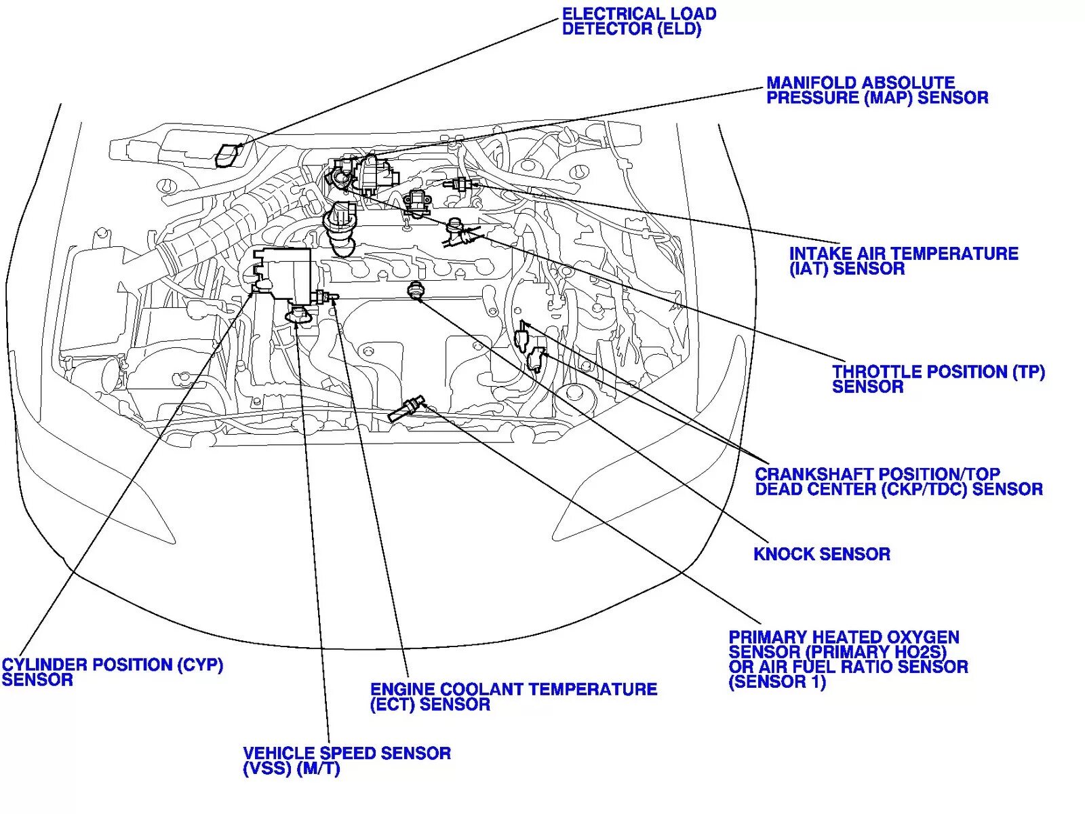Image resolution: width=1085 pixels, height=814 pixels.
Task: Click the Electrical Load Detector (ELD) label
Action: point(639,22)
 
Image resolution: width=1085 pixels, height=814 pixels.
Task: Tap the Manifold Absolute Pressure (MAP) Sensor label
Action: point(876,90)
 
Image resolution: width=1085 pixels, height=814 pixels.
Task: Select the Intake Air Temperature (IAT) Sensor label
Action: point(903,261)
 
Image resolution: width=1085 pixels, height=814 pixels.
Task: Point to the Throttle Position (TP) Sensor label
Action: point(938,379)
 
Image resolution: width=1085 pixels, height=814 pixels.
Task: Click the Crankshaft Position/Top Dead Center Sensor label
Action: point(899,482)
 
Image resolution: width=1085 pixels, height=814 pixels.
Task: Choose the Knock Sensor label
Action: point(821,554)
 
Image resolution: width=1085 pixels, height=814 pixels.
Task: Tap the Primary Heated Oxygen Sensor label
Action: point(848,659)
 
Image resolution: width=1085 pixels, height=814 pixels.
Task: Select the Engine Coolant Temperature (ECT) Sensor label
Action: point(513,697)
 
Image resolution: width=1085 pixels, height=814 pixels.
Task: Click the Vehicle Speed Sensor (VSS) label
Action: point(347,761)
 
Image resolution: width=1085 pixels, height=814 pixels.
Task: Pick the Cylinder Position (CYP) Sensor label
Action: point(112,672)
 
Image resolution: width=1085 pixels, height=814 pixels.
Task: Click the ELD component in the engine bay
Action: point(228,155)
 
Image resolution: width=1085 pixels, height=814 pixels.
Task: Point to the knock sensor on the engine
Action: point(416,291)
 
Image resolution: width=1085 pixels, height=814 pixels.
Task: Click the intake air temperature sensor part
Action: point(459,184)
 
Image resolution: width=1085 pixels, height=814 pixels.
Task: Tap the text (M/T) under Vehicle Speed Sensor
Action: point(318,770)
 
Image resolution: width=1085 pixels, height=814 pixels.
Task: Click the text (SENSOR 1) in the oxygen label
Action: point(777,682)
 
